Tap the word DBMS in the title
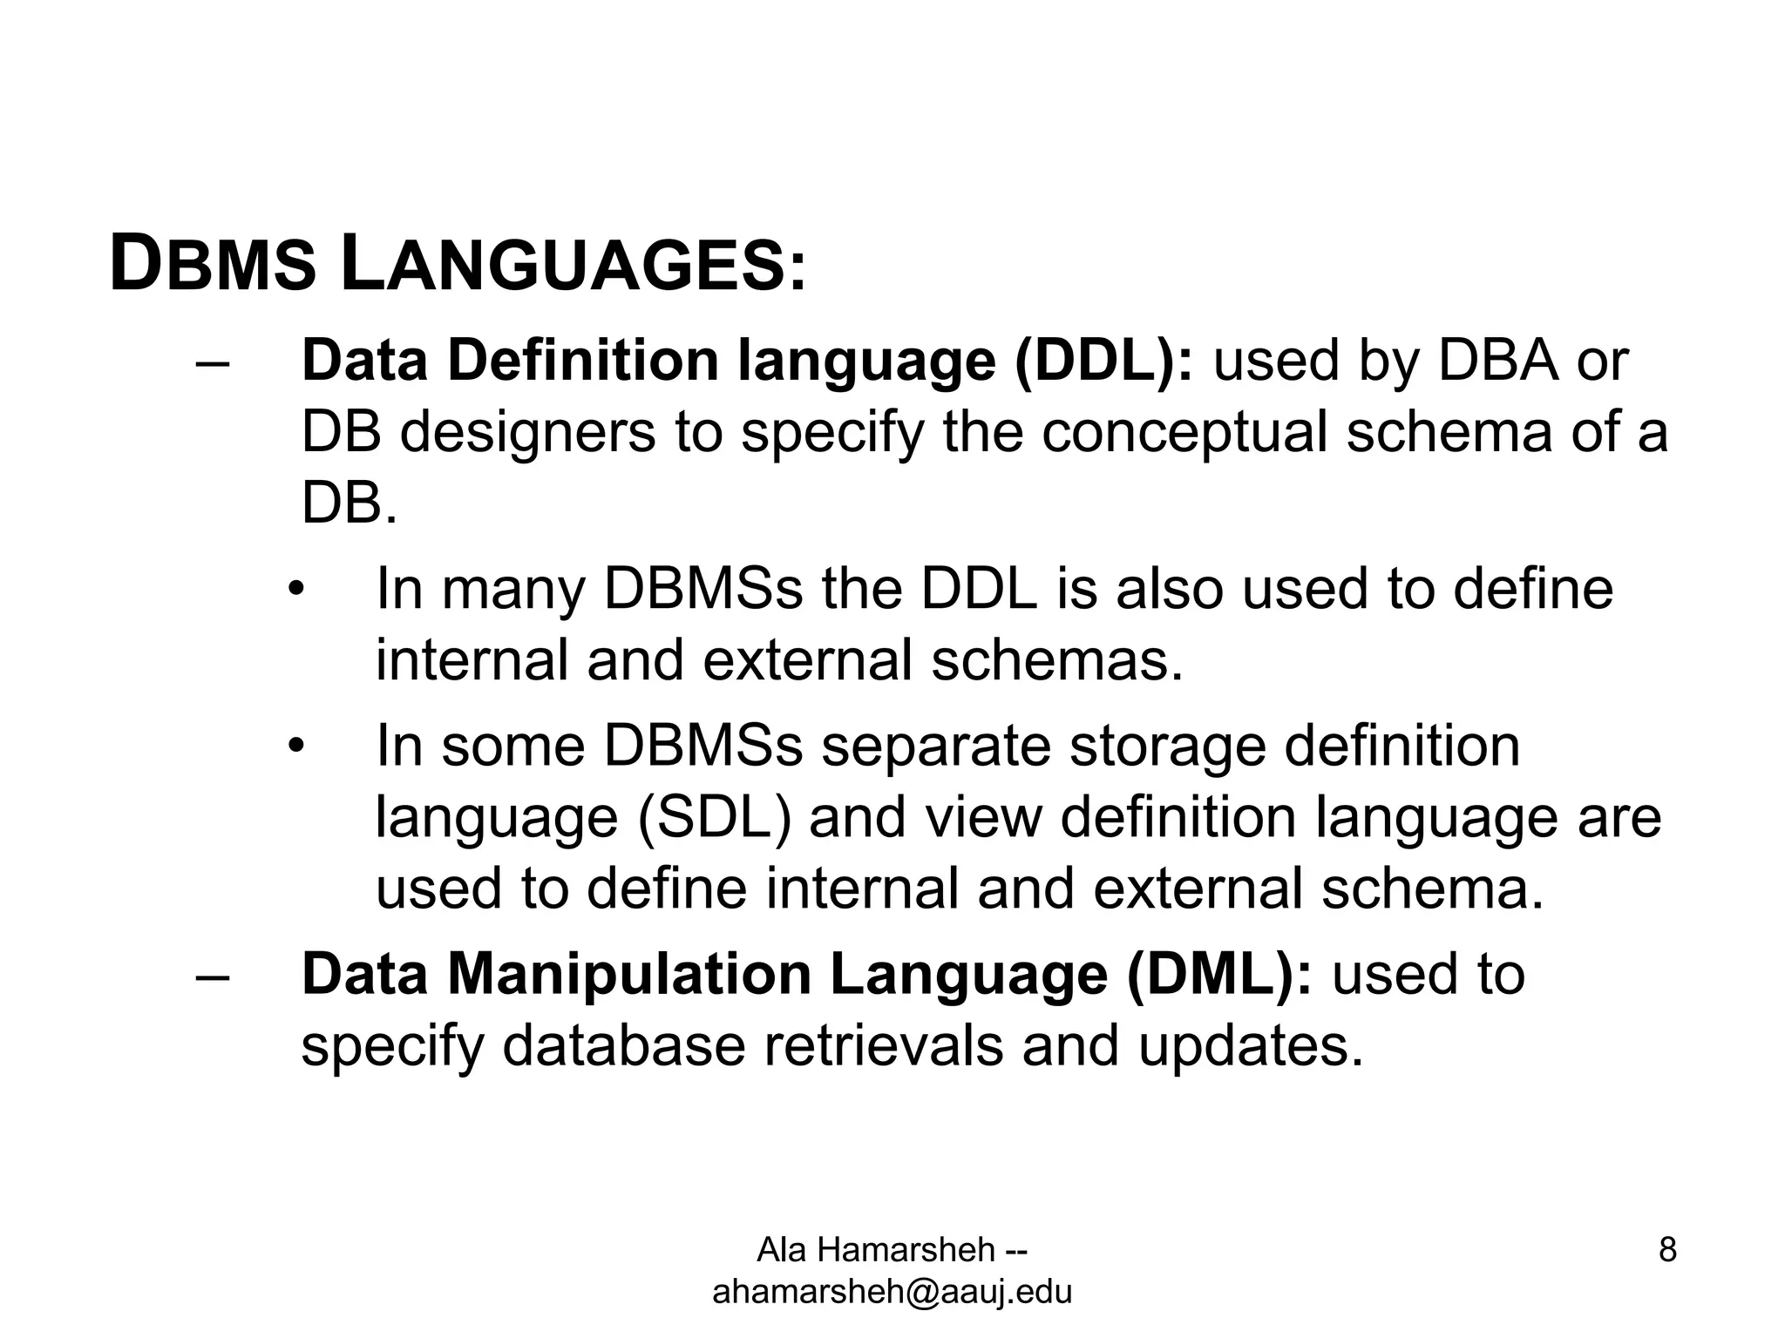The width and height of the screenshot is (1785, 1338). (213, 266)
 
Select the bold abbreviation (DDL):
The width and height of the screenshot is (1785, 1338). (1103, 360)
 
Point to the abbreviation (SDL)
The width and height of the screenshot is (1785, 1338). (715, 818)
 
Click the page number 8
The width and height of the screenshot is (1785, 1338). (1667, 1250)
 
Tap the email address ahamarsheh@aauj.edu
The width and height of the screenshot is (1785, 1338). (892, 1292)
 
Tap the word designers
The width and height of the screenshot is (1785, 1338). (527, 433)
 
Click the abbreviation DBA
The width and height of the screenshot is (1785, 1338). (1497, 360)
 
